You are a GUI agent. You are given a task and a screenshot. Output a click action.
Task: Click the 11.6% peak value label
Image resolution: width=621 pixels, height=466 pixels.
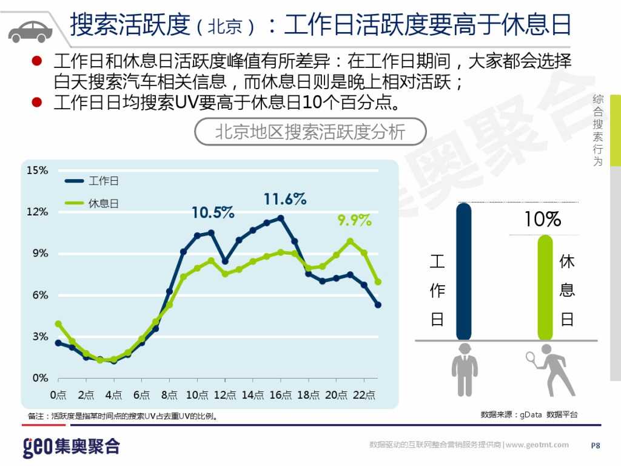[284, 199]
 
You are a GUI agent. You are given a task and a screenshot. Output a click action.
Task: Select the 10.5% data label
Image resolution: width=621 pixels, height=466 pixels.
[213, 212]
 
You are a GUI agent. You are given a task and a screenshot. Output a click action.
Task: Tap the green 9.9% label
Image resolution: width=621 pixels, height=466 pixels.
[354, 220]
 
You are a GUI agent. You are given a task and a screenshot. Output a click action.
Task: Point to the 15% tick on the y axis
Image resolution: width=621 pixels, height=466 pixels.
[37, 171]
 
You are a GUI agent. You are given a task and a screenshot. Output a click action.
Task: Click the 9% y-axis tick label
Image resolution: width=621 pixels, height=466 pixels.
[39, 254]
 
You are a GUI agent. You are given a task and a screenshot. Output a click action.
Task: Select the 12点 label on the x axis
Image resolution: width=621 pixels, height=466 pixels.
[225, 395]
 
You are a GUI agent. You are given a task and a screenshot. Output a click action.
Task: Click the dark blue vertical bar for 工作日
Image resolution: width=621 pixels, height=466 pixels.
[464, 271]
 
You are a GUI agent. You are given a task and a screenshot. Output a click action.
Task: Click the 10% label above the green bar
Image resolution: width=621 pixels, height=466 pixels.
[543, 220]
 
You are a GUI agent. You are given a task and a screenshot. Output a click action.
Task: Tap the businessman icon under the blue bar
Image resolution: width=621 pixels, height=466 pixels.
[465, 370]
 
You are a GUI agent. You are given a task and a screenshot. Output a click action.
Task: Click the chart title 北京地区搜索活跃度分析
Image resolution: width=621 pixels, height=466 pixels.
[310, 132]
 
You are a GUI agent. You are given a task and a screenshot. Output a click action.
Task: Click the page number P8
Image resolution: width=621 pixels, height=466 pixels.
[596, 445]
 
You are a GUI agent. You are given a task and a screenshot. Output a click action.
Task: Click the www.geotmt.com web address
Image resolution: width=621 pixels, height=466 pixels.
[537, 445]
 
